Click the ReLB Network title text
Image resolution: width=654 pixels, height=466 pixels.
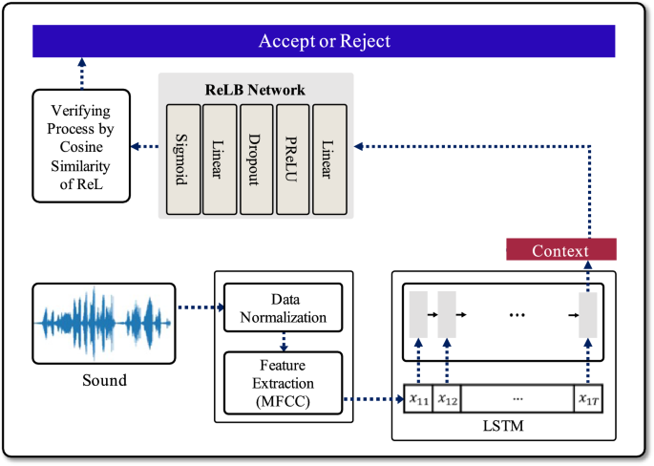[x=255, y=89]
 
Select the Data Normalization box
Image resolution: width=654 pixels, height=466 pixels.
[x=283, y=307]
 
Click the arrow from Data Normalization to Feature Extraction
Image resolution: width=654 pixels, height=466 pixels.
[x=283, y=340]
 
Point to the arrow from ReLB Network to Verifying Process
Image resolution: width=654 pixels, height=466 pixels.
[x=144, y=146]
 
